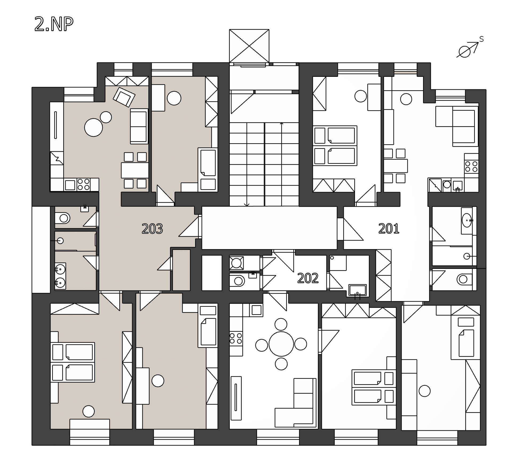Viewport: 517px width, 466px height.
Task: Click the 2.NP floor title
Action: tap(54, 24)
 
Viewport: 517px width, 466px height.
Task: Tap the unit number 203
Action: tap(152, 229)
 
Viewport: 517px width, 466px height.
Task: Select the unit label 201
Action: tap(389, 229)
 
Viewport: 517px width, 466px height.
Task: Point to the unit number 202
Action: tap(308, 278)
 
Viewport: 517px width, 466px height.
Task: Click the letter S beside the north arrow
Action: tap(481, 39)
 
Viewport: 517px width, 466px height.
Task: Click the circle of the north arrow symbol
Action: tap(464, 52)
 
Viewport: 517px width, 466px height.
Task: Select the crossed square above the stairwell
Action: tap(249, 46)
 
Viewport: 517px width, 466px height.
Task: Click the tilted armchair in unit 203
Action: tap(124, 97)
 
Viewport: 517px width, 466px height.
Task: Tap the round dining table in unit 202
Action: tap(281, 344)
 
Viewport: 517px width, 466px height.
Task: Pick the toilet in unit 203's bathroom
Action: tap(62, 218)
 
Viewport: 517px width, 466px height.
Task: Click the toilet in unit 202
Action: tap(237, 281)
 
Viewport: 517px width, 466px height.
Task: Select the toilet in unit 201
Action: tap(465, 280)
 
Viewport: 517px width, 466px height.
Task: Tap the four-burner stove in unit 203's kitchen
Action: tap(84, 185)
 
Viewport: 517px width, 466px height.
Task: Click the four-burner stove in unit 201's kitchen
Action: tap(471, 167)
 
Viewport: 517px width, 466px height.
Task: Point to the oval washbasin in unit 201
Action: tap(467, 220)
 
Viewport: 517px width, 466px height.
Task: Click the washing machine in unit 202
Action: tap(236, 263)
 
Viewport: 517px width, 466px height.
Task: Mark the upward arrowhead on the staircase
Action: tap(281, 123)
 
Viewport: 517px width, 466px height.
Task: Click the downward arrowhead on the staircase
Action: tap(247, 205)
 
